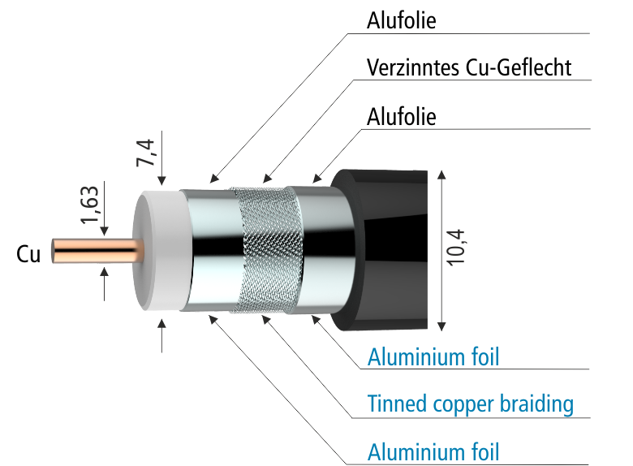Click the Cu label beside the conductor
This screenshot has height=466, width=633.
pyautogui.click(x=28, y=254)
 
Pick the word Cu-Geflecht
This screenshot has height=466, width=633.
pyautogui.click(x=519, y=67)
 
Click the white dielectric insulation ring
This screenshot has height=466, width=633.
pyautogui.click(x=158, y=250)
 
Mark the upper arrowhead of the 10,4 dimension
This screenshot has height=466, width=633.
pyautogui.click(x=441, y=175)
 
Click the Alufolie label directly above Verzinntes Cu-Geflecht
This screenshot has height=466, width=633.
pyautogui.click(x=402, y=21)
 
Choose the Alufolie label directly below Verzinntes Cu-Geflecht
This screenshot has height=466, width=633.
pyautogui.click(x=402, y=116)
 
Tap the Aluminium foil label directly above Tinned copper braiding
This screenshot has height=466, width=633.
pyautogui.click(x=433, y=356)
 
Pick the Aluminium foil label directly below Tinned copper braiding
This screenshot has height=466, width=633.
pyautogui.click(x=433, y=451)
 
